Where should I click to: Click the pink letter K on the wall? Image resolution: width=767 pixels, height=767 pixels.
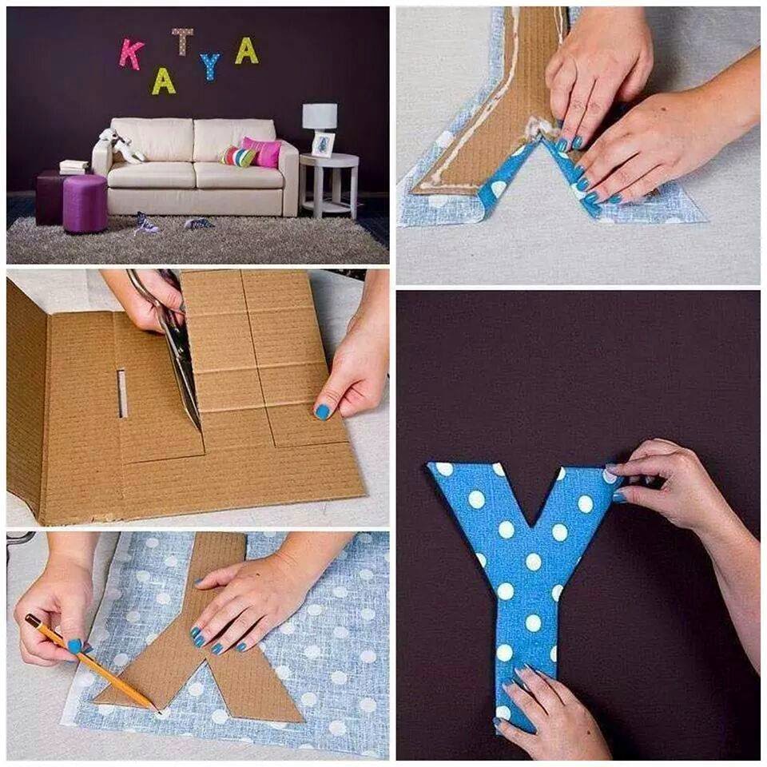[130, 54]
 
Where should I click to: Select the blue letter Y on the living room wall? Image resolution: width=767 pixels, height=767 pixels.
[210, 66]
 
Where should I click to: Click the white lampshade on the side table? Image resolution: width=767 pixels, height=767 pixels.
[320, 116]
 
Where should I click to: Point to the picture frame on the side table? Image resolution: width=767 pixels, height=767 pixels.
[324, 145]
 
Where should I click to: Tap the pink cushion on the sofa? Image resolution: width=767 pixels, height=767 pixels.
[263, 152]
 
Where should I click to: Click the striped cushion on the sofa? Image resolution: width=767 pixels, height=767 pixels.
[238, 157]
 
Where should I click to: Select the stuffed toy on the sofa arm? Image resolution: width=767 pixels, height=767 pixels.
[117, 145]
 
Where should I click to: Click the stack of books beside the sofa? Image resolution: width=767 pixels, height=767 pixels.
[74, 167]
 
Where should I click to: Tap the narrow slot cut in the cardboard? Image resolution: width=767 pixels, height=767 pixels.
[121, 394]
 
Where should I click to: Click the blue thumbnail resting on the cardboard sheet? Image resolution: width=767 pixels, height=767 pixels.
[324, 411]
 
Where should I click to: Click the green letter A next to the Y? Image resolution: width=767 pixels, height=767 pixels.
[246, 51]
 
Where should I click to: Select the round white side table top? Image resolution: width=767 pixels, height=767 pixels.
[328, 161]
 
